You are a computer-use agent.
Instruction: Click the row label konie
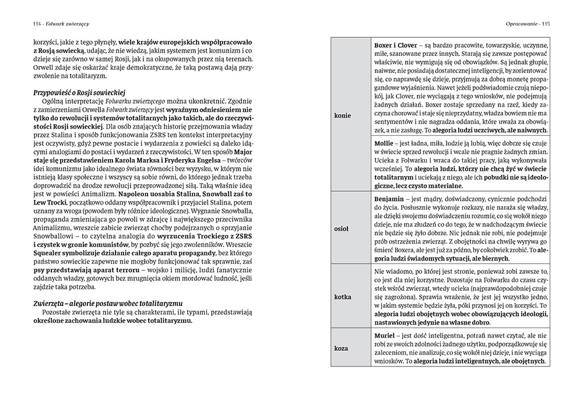point(343,115)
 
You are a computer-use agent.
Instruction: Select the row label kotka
point(342,297)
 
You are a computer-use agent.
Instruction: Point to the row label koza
point(341,348)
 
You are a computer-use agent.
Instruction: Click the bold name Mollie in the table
point(384,141)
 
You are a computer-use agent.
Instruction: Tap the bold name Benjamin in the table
point(389,199)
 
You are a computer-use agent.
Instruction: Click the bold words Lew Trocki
point(50,213)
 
